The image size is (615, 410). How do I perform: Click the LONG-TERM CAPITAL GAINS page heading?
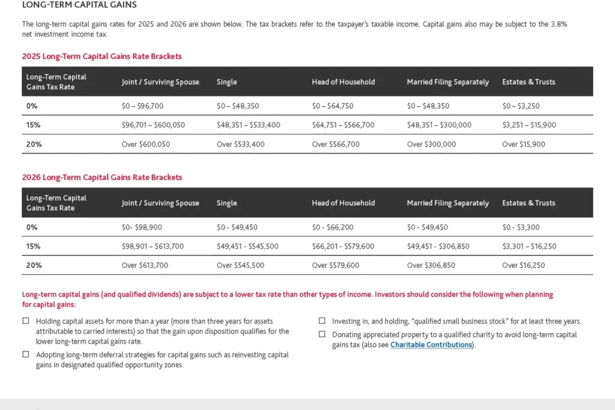pos(79,5)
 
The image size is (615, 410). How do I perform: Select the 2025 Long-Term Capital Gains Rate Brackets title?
pos(101,56)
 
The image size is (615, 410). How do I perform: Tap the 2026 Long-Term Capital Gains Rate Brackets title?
pos(101,178)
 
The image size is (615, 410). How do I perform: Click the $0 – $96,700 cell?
pos(142,106)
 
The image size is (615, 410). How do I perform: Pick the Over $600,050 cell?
pos(146,145)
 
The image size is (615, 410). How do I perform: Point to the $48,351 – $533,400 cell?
pos(248,125)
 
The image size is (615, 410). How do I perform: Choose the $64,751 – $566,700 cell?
pos(343,125)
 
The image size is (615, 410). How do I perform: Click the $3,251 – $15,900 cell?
pos(529,125)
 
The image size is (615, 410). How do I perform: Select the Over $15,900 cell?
pos(524,145)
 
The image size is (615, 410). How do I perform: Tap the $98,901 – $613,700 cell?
pos(153,247)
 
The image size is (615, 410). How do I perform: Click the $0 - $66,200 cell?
pos(333,228)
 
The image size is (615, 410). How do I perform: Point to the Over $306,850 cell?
pos(431,265)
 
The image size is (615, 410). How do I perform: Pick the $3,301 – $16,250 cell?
pos(529,247)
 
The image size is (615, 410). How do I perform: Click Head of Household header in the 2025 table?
pos(343,82)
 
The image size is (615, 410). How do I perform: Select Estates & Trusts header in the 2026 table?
pos(529,203)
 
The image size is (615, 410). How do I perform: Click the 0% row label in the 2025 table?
pos(32,106)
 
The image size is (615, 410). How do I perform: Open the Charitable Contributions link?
pos(431,345)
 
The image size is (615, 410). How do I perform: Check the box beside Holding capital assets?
pos(26,321)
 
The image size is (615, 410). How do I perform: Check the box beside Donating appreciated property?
pos(322,334)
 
